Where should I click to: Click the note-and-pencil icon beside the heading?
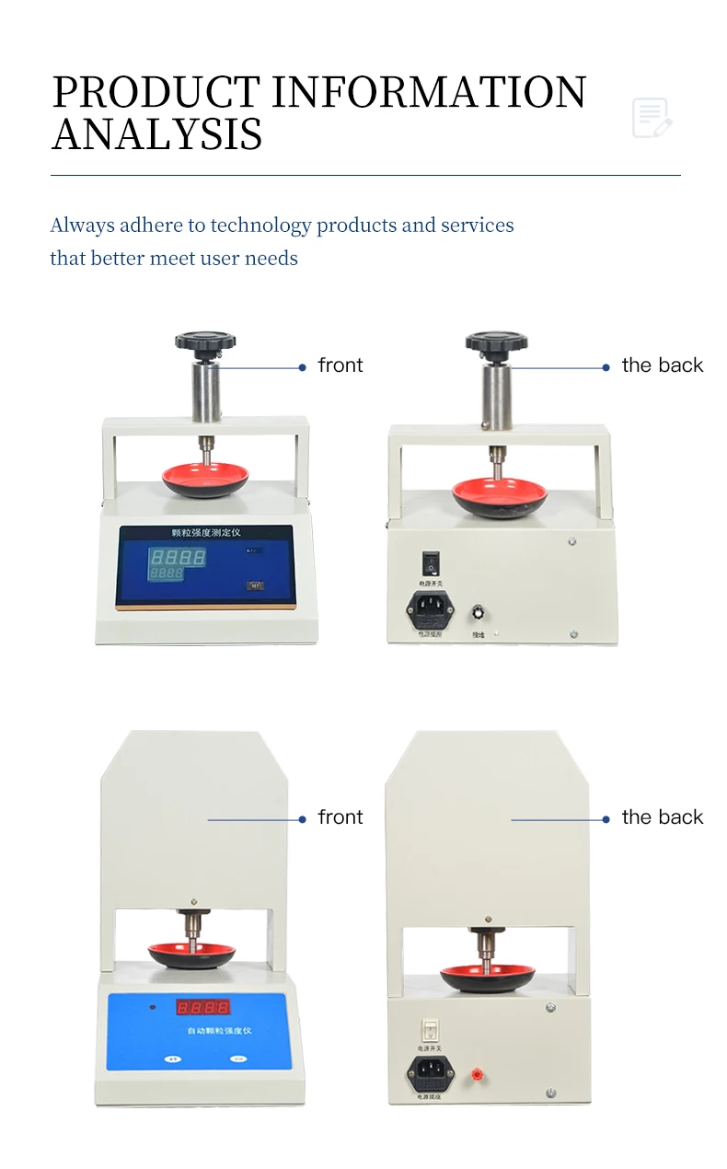652,118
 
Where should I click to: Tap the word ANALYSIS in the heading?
157,134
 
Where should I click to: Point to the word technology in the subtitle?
260,226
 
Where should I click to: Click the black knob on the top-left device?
205,342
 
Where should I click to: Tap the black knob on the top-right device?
496,343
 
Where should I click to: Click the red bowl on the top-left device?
205,478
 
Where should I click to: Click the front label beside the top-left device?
340,365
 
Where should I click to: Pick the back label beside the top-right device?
662,365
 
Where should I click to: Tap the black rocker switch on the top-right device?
430,562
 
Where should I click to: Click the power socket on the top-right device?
430,607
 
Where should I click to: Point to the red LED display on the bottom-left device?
202,1007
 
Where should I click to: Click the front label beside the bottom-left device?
340,817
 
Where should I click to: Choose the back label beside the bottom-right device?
662,817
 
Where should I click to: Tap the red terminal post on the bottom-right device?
478,1073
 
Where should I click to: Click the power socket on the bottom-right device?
431,1071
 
